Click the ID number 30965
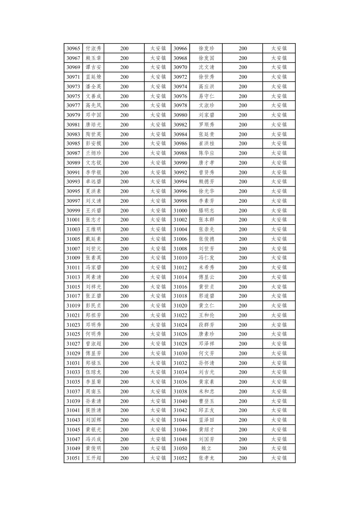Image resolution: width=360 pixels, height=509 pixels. [x=73, y=49]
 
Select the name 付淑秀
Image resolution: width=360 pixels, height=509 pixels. [x=93, y=49]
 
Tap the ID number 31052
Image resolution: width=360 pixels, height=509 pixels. [x=180, y=458]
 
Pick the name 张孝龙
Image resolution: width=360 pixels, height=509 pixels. [x=206, y=458]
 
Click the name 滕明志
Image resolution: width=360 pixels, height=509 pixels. [x=206, y=210]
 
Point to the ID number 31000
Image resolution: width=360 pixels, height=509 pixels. [x=180, y=210]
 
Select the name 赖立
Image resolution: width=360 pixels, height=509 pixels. [x=206, y=448]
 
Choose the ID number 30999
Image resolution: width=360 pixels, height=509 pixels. [x=73, y=210]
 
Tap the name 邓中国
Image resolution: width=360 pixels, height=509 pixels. [x=93, y=115]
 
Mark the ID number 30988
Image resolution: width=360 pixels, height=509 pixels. [x=180, y=153]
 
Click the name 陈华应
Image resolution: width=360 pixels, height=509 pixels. [x=206, y=153]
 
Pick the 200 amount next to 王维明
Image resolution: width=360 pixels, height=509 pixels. [x=124, y=230]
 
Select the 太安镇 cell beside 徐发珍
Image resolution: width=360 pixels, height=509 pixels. [x=279, y=49]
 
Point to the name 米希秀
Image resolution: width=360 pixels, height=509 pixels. [x=206, y=267]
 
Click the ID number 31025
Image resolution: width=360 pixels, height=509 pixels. [x=73, y=334]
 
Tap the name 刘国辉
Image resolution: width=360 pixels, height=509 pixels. [x=93, y=420]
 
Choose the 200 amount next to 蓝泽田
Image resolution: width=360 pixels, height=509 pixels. [x=243, y=420]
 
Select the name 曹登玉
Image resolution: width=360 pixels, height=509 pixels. [x=206, y=401]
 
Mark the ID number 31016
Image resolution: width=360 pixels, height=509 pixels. [x=180, y=287]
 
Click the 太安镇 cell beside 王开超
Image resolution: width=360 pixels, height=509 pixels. [x=158, y=458]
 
